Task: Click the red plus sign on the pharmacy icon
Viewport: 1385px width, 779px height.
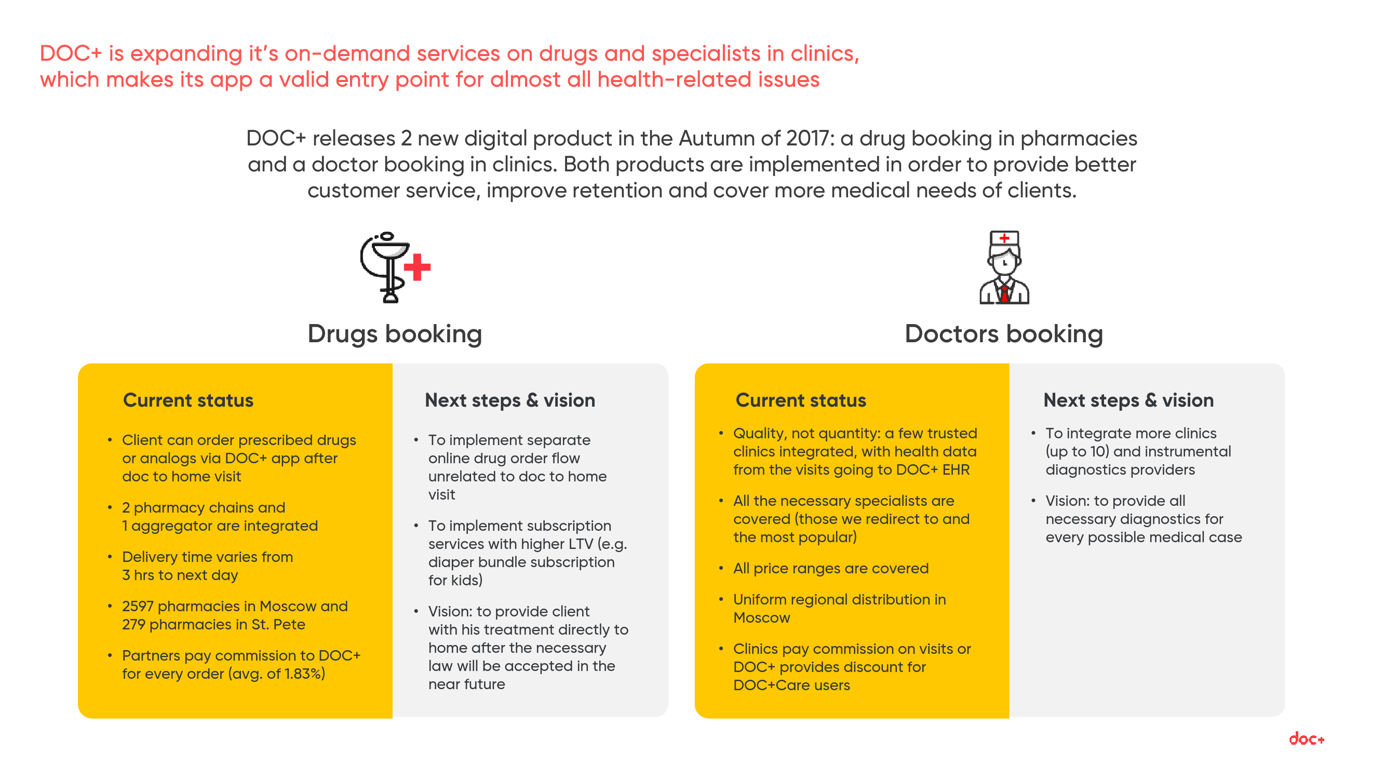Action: point(417,266)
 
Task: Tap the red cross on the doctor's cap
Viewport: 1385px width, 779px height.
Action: point(1004,238)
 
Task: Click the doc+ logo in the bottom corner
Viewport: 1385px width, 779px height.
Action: point(1307,738)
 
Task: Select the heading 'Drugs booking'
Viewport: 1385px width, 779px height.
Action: point(395,334)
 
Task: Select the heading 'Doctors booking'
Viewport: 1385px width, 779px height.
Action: point(1004,334)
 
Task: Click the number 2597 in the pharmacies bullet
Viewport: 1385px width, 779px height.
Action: point(138,606)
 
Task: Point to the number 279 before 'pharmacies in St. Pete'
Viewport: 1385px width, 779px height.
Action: point(134,624)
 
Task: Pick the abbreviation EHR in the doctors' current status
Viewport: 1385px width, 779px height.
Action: point(956,469)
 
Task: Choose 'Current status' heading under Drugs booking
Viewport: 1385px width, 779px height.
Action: point(188,400)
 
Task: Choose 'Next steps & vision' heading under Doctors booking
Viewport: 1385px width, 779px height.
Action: point(1128,400)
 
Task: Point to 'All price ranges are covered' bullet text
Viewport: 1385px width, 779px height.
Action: point(831,568)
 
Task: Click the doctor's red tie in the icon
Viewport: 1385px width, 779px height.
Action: point(1004,293)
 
